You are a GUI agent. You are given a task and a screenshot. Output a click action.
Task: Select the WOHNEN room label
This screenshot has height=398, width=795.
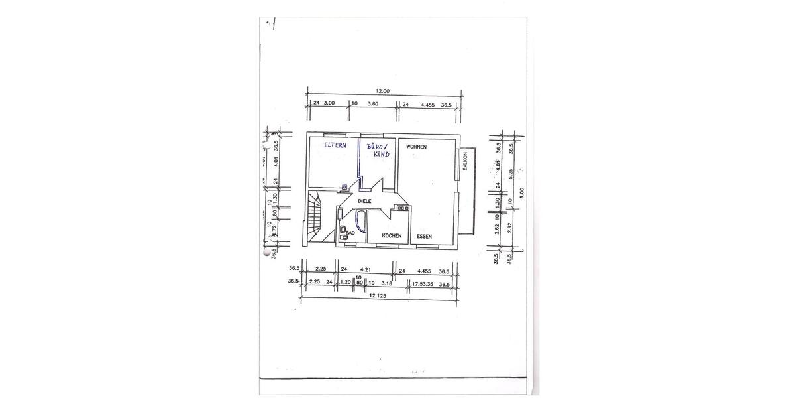pyautogui.click(x=416, y=147)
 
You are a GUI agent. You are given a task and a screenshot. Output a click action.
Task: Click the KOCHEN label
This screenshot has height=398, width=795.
pyautogui.click(x=392, y=236)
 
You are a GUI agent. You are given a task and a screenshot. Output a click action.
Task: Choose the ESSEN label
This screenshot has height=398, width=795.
pyautogui.click(x=425, y=236)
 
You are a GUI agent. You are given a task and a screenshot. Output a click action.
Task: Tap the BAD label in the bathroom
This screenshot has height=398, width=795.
pyautogui.click(x=351, y=233)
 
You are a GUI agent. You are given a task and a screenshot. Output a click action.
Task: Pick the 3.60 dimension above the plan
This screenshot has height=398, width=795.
pyautogui.click(x=372, y=104)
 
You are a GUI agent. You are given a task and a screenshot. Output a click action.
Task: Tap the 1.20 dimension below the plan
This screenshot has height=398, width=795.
pyautogui.click(x=345, y=283)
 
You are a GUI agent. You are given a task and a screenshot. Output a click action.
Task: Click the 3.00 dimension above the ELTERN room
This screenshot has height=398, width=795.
pyautogui.click(x=329, y=104)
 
